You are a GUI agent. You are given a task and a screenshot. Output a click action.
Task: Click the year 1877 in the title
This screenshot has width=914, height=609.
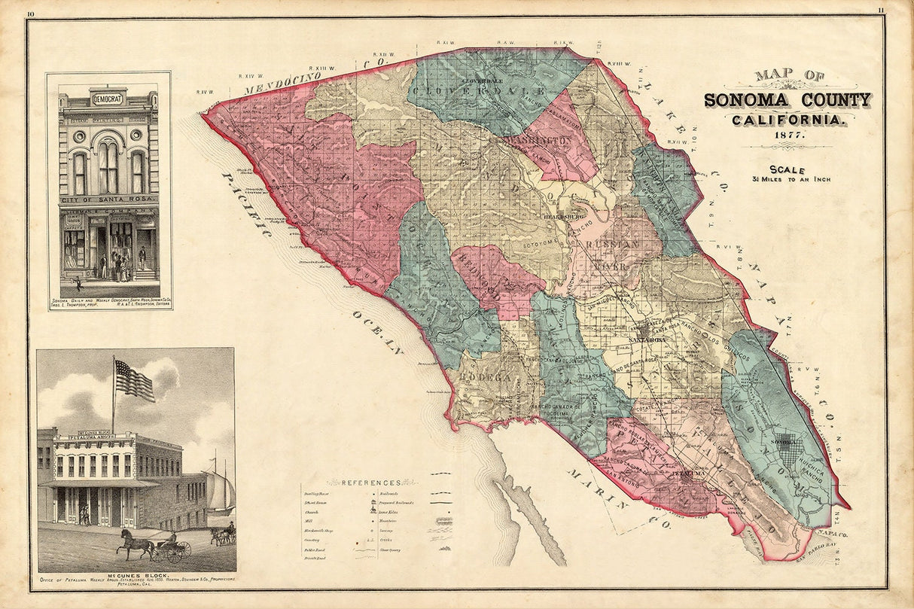(787, 135)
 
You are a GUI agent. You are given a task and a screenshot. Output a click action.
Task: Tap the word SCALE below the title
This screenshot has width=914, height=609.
(787, 169)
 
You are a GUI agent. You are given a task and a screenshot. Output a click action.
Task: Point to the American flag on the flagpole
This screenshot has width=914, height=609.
(134, 380)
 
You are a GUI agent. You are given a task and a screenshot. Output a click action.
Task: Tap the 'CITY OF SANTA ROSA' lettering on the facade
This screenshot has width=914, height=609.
(108, 199)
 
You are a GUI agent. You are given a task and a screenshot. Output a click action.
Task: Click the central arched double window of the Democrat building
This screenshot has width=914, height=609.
(108, 167)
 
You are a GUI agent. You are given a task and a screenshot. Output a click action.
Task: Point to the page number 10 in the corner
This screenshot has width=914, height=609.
(30, 12)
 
